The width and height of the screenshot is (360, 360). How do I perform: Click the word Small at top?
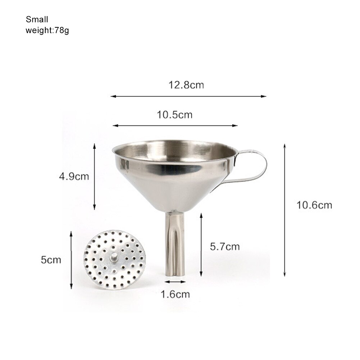(x=37, y=19)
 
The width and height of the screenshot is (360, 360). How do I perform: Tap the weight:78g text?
(x=47, y=30)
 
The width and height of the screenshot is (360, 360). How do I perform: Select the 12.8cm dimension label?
(x=186, y=85)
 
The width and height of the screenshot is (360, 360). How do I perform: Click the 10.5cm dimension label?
(x=174, y=115)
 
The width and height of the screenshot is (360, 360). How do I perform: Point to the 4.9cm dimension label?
(x=74, y=177)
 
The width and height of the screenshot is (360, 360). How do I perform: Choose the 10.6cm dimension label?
(x=314, y=205)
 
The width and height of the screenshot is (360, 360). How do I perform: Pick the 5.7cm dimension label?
(x=225, y=246)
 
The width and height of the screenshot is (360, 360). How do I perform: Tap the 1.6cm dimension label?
(x=175, y=295)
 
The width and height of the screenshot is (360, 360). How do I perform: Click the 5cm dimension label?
(x=51, y=260)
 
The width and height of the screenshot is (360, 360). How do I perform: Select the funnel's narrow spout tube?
(x=175, y=245)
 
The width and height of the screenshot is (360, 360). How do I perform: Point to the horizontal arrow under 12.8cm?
(x=188, y=96)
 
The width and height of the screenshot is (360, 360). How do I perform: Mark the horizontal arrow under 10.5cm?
(x=175, y=126)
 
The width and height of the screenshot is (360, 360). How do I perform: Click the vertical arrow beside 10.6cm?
(x=284, y=210)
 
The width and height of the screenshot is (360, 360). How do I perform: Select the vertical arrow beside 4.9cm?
(x=95, y=177)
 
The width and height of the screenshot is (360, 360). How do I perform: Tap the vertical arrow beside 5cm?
(x=71, y=260)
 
